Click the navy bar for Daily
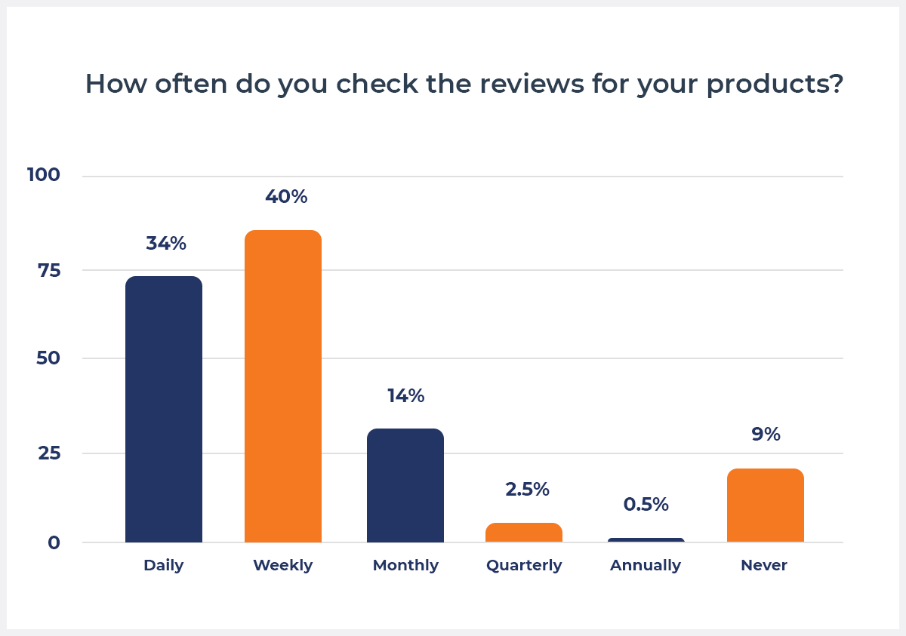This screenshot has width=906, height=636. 164,409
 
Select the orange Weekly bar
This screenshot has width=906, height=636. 283,386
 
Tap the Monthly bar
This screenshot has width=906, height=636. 405,485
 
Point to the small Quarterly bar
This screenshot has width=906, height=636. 524,533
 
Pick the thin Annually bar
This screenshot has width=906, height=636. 646,540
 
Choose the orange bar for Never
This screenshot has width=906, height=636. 765,505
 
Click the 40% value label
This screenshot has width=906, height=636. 286,197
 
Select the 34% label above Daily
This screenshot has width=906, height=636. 166,244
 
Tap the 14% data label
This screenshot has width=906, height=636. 405,396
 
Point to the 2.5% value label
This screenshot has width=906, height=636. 527,489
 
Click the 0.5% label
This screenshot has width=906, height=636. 646,505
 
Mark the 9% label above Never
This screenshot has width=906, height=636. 766,435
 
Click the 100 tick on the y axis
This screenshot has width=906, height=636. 44,175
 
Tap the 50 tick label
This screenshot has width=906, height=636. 48,358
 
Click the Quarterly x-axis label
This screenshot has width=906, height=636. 524,565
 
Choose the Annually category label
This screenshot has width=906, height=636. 646,565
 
